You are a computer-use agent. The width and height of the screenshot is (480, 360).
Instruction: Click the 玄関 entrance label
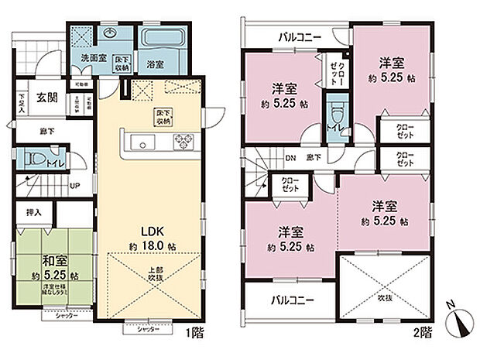point(48,98)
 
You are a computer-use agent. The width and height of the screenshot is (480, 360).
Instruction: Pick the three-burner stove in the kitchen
point(187,141)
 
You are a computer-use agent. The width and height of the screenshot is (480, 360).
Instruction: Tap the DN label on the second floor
point(290,158)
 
